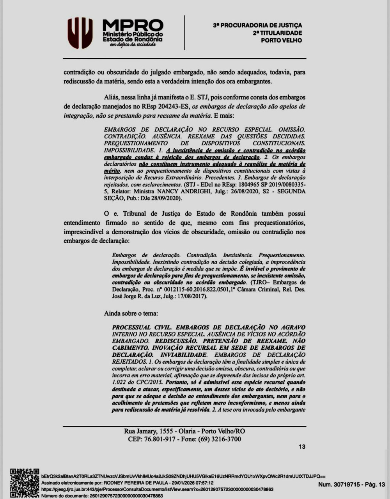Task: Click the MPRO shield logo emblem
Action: tap(80, 33)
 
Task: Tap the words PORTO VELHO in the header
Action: tap(281, 40)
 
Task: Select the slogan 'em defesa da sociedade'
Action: tap(133, 45)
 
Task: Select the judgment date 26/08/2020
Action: tap(253, 191)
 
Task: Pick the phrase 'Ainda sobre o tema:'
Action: tap(131, 313)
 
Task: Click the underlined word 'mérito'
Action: tap(112, 171)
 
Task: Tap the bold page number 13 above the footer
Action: tap(302, 447)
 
